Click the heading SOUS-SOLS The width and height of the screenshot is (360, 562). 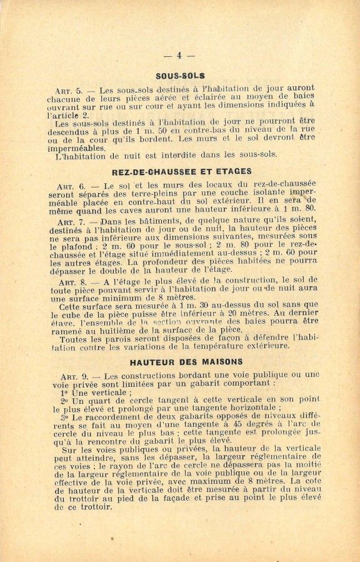[181, 76]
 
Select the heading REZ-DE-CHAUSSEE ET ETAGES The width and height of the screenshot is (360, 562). [182, 171]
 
